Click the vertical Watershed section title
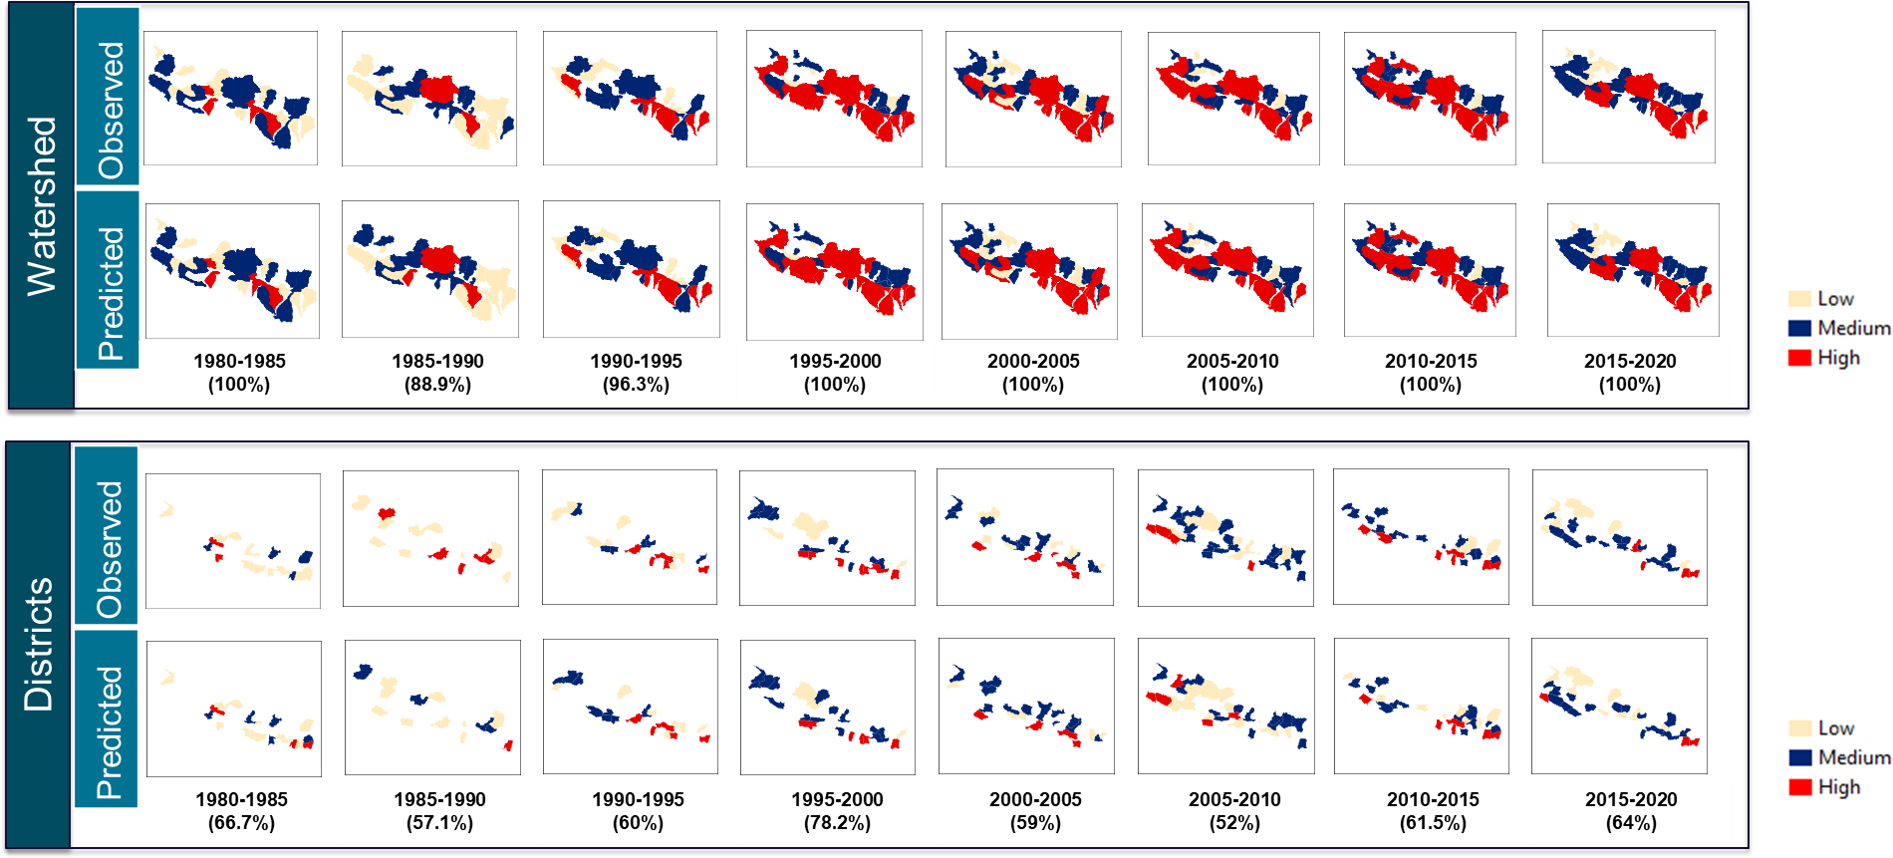tap(41, 205)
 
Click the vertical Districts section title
tap(38, 644)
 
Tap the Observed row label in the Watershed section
tap(109, 110)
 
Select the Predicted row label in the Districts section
tap(108, 732)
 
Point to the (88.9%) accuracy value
tap(437, 385)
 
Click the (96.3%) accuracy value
tap(636, 385)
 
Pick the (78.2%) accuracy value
tap(837, 823)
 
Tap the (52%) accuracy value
tap(1234, 823)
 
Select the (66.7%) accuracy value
tap(241, 823)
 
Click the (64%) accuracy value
tap(1631, 823)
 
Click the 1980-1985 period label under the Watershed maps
tap(239, 361)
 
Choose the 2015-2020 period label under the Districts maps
tap(1631, 799)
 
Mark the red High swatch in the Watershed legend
tap(1799, 358)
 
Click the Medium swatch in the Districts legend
tap(1799, 757)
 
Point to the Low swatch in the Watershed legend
tap(1799, 299)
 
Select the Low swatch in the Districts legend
tap(1799, 728)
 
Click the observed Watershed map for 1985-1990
tap(429, 99)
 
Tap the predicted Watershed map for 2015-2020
tap(1633, 270)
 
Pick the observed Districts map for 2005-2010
tap(1225, 538)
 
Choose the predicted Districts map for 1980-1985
tap(234, 709)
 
